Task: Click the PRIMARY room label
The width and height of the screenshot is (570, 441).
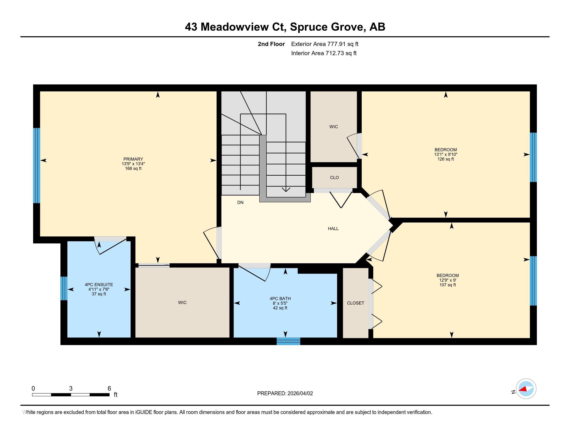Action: point(133,159)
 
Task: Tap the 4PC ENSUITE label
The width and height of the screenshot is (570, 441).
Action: point(99,285)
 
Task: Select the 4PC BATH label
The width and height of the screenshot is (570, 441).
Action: point(280,299)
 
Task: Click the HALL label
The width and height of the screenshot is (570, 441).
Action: point(333,229)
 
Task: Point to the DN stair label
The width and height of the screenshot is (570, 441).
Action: point(240,203)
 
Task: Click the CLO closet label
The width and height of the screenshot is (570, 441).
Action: point(334,178)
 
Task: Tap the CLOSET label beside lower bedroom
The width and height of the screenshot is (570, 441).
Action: point(355,303)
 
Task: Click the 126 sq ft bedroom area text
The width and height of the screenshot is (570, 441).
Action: point(446,159)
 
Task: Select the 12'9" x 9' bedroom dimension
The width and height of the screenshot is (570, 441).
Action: point(448,280)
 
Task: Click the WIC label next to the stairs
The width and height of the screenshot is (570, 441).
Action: point(333,127)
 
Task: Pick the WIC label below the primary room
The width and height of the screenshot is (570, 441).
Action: point(182,302)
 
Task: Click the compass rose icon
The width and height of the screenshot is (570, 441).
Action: point(526,389)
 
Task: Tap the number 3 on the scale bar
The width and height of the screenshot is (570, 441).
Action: point(71,389)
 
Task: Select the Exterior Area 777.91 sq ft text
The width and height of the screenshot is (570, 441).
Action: point(324,44)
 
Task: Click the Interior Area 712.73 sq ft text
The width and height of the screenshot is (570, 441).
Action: point(324,53)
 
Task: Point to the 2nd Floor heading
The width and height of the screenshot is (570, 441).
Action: point(271,44)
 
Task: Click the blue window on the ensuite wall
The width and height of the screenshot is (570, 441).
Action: point(64,288)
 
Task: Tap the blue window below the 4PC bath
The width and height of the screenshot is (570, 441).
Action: point(288,341)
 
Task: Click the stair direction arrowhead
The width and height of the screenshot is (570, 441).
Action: point(286,189)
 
